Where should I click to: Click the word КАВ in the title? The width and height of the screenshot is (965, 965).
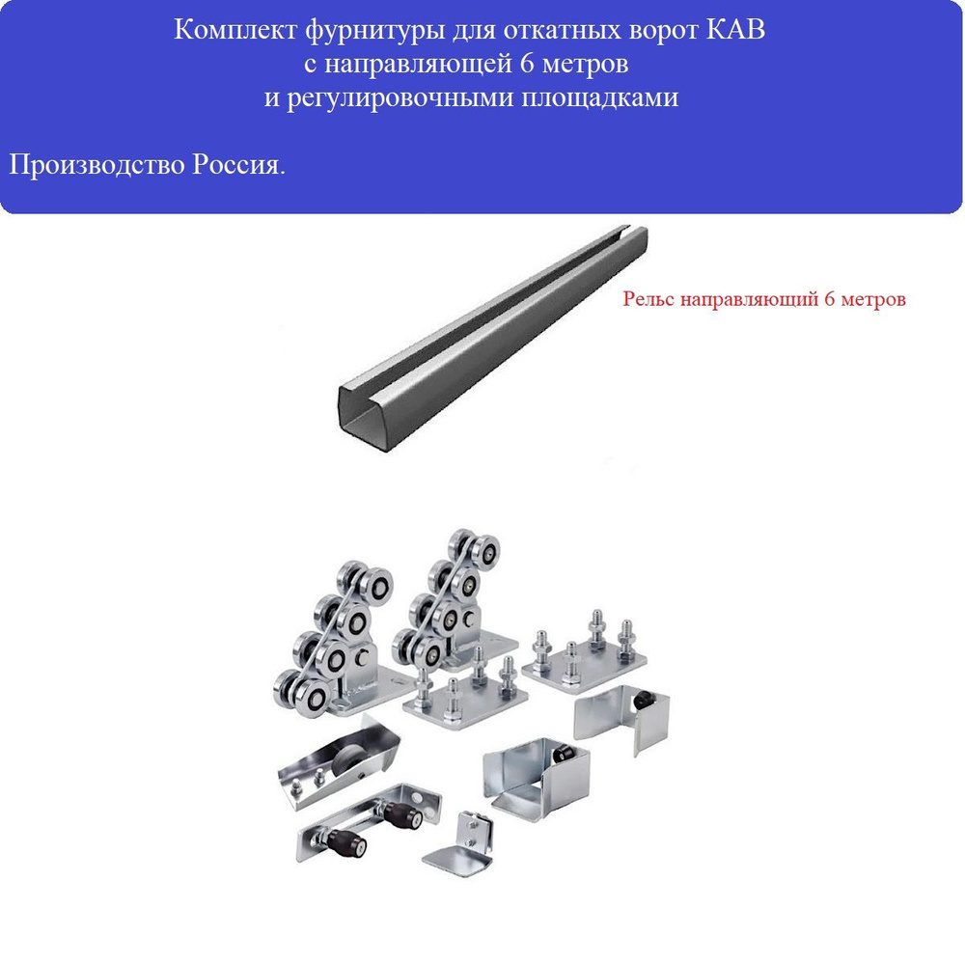[734, 30]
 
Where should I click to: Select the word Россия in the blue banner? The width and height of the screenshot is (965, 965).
[238, 165]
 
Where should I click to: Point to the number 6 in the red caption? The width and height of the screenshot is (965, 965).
[830, 298]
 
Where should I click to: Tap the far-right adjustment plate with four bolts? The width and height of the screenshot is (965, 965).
[584, 651]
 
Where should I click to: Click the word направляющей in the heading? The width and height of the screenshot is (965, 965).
[419, 64]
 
